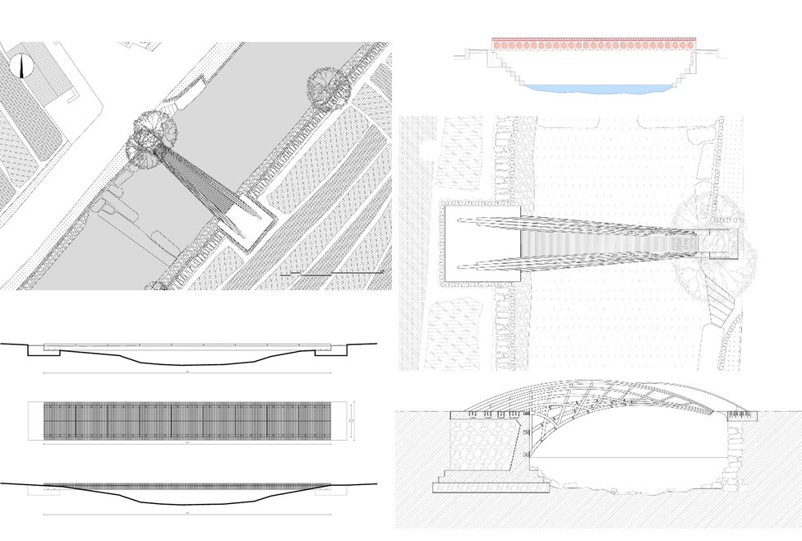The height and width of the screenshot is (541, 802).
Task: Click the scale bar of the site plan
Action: pyautogui.click(x=332, y=272)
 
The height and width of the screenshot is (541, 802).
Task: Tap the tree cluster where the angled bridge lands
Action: pyautogui.click(x=151, y=139)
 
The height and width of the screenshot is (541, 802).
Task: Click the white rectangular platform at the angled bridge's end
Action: pyautogui.click(x=242, y=220)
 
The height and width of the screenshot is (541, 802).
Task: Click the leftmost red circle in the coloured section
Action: pyautogui.click(x=497, y=46)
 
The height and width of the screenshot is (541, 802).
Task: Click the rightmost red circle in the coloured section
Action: pyautogui.click(x=692, y=46)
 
